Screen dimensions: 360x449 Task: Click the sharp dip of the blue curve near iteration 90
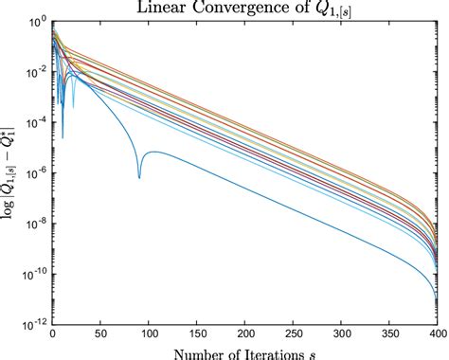click(x=139, y=176)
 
